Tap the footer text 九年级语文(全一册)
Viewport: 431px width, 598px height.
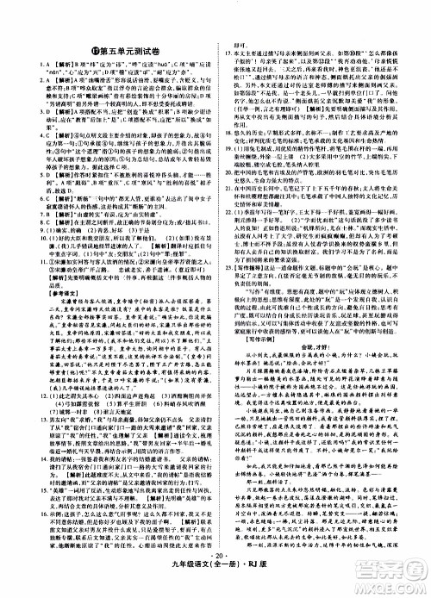coord(197,581)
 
